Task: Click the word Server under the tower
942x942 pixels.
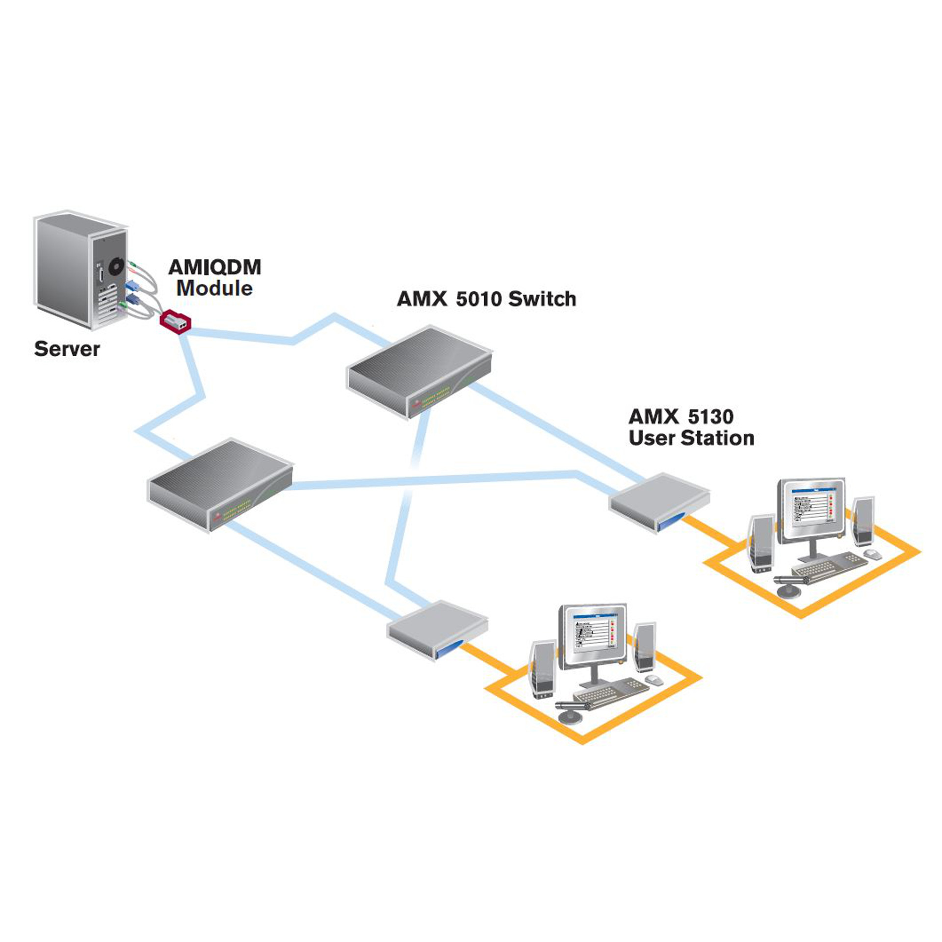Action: coord(67,349)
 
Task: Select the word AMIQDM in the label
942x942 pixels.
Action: coord(214,267)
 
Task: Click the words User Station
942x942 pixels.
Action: coord(691,438)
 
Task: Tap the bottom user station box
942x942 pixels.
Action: coord(437,629)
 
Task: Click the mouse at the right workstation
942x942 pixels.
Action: coord(872,554)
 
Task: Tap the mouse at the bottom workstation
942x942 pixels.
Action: coord(654,680)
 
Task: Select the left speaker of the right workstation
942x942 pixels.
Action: coord(761,543)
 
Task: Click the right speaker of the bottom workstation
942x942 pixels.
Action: coord(644,647)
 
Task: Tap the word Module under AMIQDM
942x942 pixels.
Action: coord(214,288)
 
